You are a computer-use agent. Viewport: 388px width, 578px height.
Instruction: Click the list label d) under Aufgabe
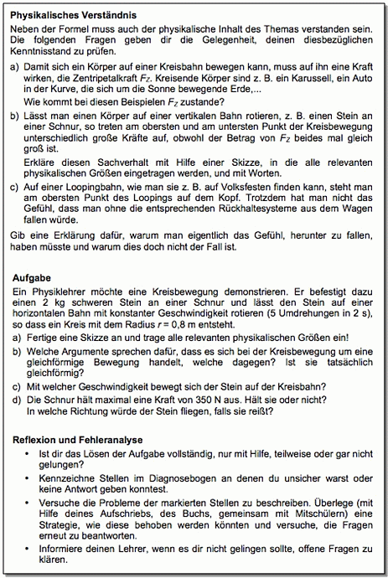[x=17, y=400]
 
